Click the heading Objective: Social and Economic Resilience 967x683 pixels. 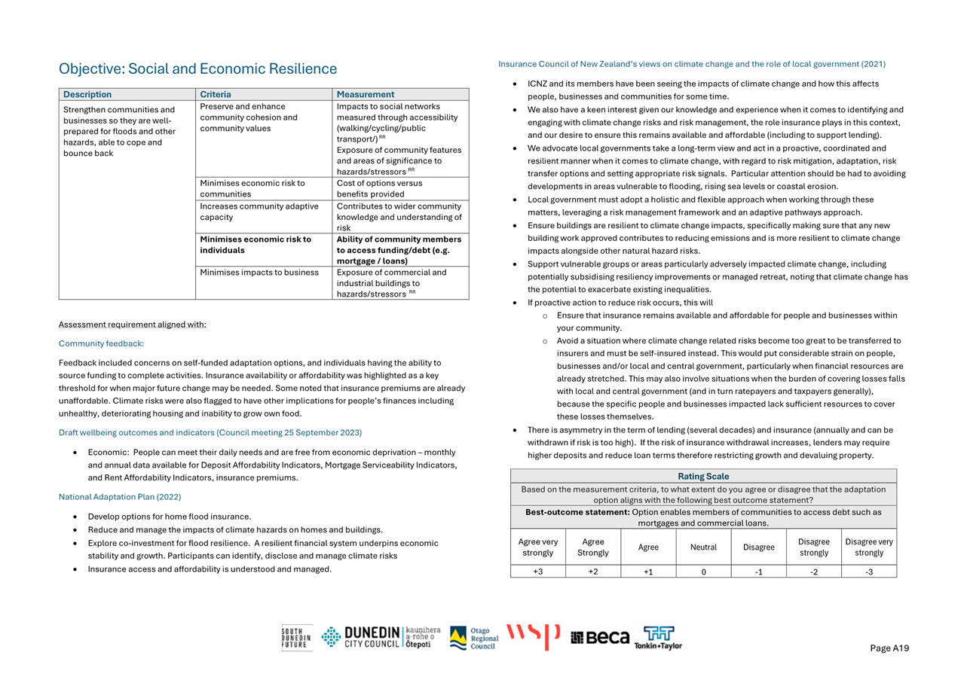click(x=197, y=69)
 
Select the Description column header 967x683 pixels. click(x=87, y=95)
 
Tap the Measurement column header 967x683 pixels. click(x=365, y=95)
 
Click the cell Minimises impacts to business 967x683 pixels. click(x=259, y=273)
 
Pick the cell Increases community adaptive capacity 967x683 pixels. click(x=259, y=212)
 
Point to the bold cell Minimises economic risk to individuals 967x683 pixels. click(x=256, y=245)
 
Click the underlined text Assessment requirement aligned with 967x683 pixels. click(x=132, y=325)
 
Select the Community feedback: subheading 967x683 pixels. click(x=101, y=343)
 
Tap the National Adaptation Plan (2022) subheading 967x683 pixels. click(x=120, y=497)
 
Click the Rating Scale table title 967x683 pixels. click(x=703, y=476)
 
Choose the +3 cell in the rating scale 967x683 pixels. click(x=537, y=572)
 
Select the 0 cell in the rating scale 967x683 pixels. click(x=703, y=572)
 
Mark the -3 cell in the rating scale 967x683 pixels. click(x=868, y=572)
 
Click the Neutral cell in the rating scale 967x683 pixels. click(x=703, y=547)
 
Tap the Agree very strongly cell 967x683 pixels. click(x=537, y=547)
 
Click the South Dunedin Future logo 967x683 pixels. click(x=296, y=638)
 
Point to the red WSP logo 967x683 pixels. click(x=533, y=636)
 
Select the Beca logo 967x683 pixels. click(x=600, y=638)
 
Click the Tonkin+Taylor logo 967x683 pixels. click(x=657, y=638)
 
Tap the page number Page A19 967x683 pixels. click(x=889, y=648)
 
